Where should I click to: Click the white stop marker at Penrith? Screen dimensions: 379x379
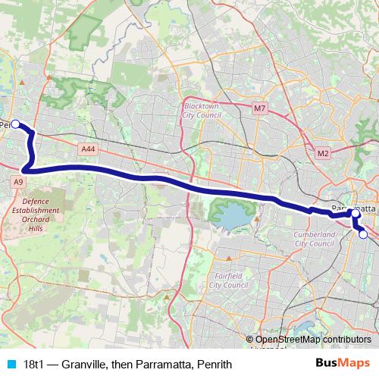(x=15, y=124)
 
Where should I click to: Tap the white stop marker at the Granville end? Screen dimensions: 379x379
(x=363, y=235)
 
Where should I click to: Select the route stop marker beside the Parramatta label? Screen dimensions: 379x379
(x=356, y=215)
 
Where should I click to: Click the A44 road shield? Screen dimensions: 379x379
(x=88, y=150)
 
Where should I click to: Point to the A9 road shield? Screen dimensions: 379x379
(x=17, y=183)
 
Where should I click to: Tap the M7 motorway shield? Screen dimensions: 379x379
(x=260, y=109)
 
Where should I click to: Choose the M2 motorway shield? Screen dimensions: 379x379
(x=323, y=154)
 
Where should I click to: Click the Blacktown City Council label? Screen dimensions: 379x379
(x=201, y=111)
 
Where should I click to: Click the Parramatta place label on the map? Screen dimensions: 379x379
(x=355, y=206)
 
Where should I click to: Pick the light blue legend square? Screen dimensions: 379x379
(x=10, y=365)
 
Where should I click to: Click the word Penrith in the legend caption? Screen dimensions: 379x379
(x=212, y=365)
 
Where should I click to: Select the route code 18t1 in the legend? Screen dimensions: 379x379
(x=36, y=365)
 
